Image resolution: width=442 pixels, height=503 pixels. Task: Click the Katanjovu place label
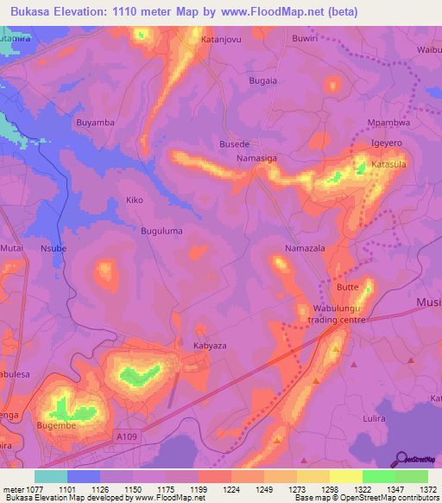point(219,40)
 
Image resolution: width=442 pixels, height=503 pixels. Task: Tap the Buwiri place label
point(330,39)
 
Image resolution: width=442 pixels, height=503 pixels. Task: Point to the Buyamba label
point(96,123)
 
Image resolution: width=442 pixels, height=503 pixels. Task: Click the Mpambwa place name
point(388,124)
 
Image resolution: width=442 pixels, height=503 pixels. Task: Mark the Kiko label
point(135,200)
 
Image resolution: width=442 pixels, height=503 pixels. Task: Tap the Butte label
point(348,286)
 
